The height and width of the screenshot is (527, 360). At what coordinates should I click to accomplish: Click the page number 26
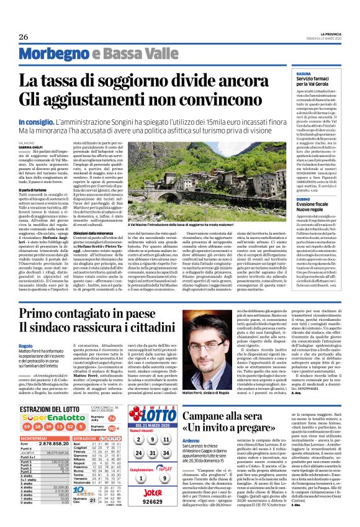tap(23, 37)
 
